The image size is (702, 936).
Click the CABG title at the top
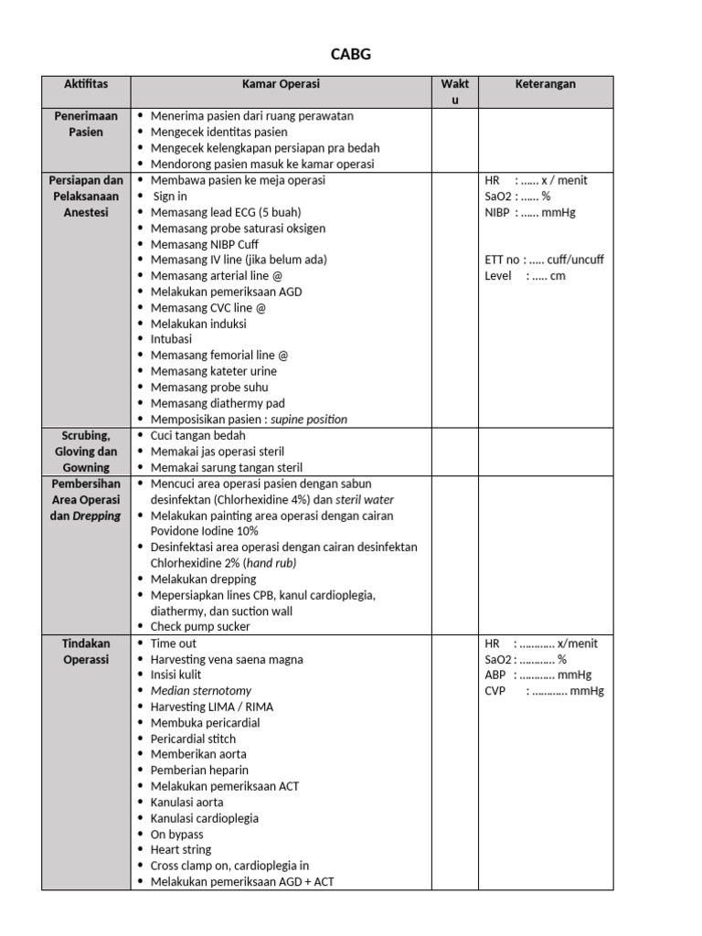coord(351,55)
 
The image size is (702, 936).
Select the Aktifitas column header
coord(86,84)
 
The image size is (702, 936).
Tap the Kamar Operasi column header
coord(281,84)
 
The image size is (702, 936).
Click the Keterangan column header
coord(545,84)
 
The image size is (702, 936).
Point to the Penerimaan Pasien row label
coord(86,124)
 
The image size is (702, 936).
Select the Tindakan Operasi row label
coord(86,652)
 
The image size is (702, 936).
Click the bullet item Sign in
coord(170,196)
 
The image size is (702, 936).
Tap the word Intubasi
coord(171,339)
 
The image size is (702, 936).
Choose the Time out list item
coord(174,643)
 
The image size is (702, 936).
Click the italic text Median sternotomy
coord(201,691)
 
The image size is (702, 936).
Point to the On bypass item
coord(177,834)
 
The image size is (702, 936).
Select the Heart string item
coord(181,849)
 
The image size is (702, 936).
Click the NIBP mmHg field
coord(530,212)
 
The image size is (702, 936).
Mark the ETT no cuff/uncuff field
coord(544,260)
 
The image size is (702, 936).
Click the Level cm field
coord(525,276)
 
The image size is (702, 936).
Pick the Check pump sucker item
coord(200,627)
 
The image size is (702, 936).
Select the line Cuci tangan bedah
coord(198,436)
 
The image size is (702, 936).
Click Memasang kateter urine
coord(214,371)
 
